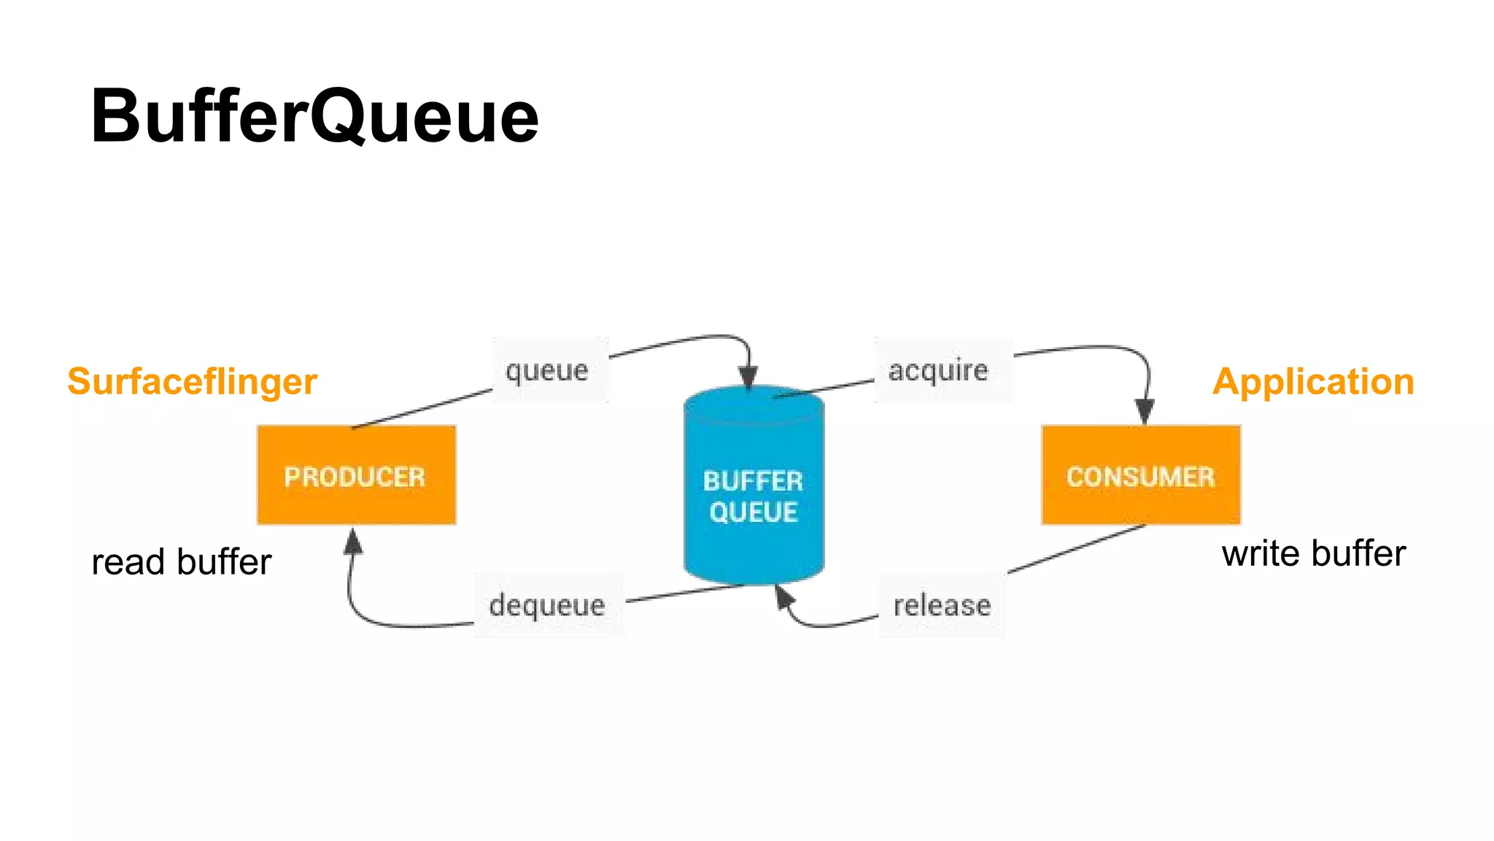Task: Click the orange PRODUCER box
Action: [356, 476]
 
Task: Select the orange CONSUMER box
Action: [1140, 476]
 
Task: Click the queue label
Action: [547, 371]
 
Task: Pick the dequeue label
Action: [547, 605]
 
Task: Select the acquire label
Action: [938, 371]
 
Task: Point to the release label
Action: [942, 605]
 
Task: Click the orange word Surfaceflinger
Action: [192, 382]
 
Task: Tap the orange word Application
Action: [1313, 382]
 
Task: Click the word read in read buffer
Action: [128, 563]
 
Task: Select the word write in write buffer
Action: [1261, 554]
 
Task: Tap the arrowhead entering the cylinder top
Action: [748, 378]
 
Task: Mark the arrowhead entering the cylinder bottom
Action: [783, 596]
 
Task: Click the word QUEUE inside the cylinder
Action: [754, 512]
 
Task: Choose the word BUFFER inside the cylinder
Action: [754, 481]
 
